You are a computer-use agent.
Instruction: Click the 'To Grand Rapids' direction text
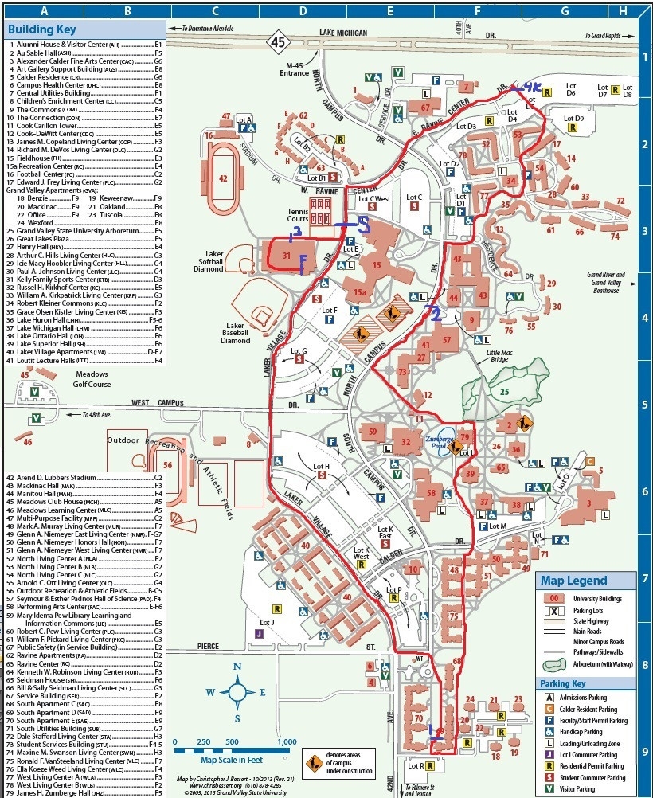click(x=609, y=37)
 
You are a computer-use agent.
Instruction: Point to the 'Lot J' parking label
click(x=267, y=622)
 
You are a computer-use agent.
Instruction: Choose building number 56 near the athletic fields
click(x=168, y=466)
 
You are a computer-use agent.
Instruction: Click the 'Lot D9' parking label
click(x=573, y=119)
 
